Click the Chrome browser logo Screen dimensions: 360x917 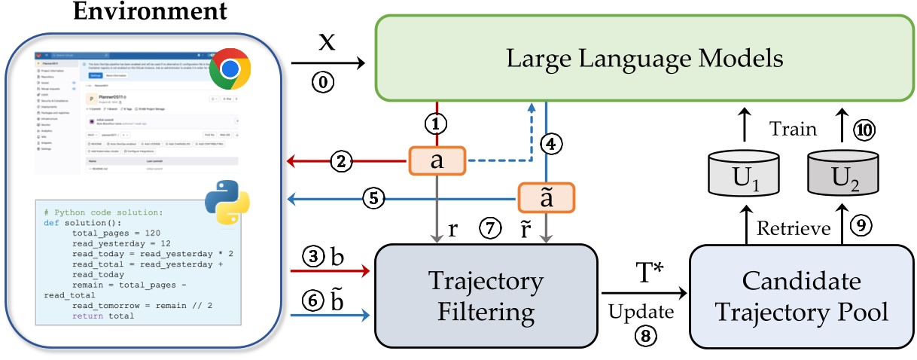click(x=230, y=69)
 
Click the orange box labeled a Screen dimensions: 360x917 click(x=437, y=160)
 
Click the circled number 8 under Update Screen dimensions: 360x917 click(x=643, y=337)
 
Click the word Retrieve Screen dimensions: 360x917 click(x=793, y=227)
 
